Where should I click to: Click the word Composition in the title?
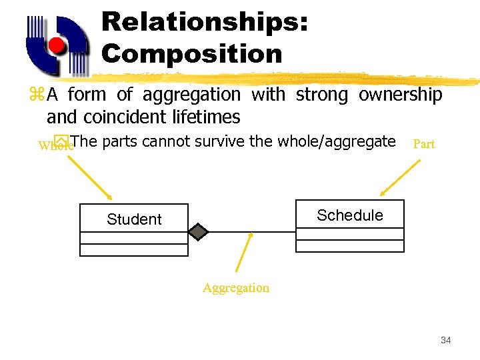click(x=192, y=53)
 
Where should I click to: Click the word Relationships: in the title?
click(x=205, y=21)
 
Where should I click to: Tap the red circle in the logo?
click(x=57, y=47)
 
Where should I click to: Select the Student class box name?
click(x=134, y=219)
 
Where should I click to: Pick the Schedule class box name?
click(x=350, y=215)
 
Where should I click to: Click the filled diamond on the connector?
click(x=198, y=231)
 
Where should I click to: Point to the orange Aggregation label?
click(x=236, y=288)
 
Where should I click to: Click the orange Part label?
click(x=424, y=144)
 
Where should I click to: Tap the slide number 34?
click(x=446, y=341)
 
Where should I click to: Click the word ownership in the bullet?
click(x=400, y=95)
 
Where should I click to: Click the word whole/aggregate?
click(x=337, y=141)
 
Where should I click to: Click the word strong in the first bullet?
click(x=322, y=95)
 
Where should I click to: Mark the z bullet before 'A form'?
click(x=36, y=95)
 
